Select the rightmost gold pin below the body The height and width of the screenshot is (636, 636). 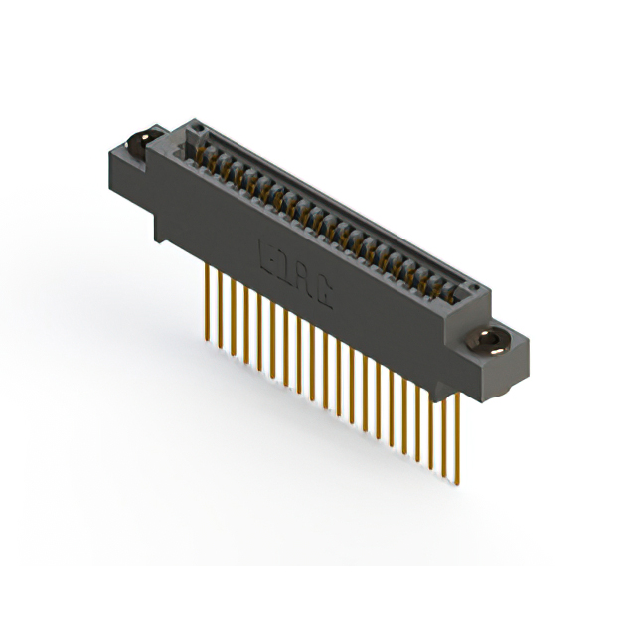(458, 437)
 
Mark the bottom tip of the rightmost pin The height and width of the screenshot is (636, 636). (458, 487)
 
